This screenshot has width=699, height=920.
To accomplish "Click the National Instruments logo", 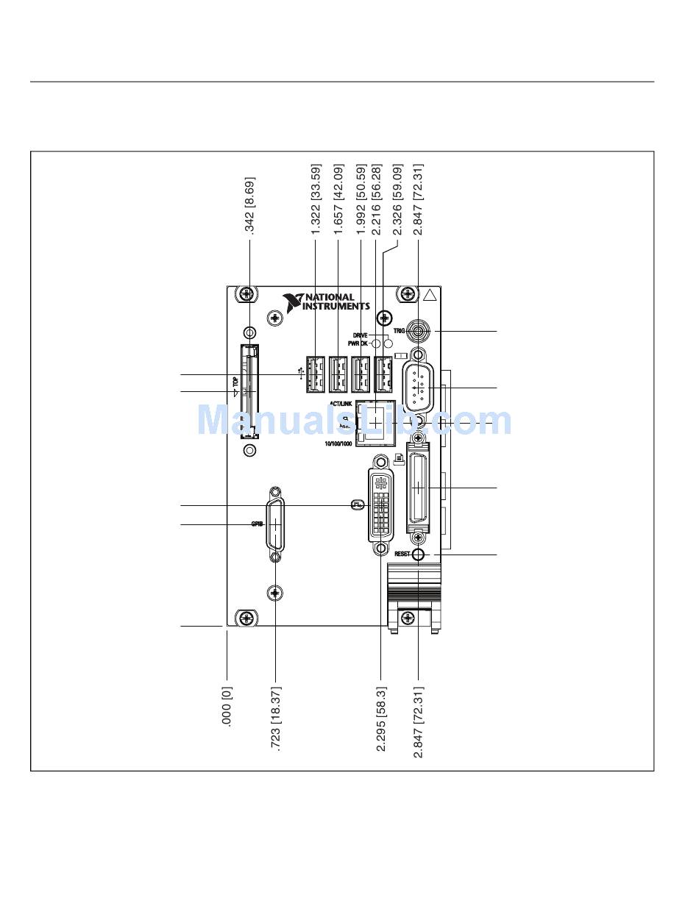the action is coord(326,302).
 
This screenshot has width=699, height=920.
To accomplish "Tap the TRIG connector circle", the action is coord(418,331).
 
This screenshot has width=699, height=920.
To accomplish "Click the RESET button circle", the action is coord(418,554).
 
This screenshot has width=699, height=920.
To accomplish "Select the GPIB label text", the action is coord(257,524).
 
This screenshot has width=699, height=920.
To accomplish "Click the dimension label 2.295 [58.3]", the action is coord(381,718).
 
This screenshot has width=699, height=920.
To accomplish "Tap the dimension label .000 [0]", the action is coord(227,707).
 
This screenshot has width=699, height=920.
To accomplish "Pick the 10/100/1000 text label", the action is coord(338,444).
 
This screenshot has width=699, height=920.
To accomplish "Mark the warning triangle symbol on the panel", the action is coord(430,297).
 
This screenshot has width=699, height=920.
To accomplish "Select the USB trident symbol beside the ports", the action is coord(302,370).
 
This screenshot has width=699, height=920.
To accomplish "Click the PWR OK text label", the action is coord(358,343).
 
